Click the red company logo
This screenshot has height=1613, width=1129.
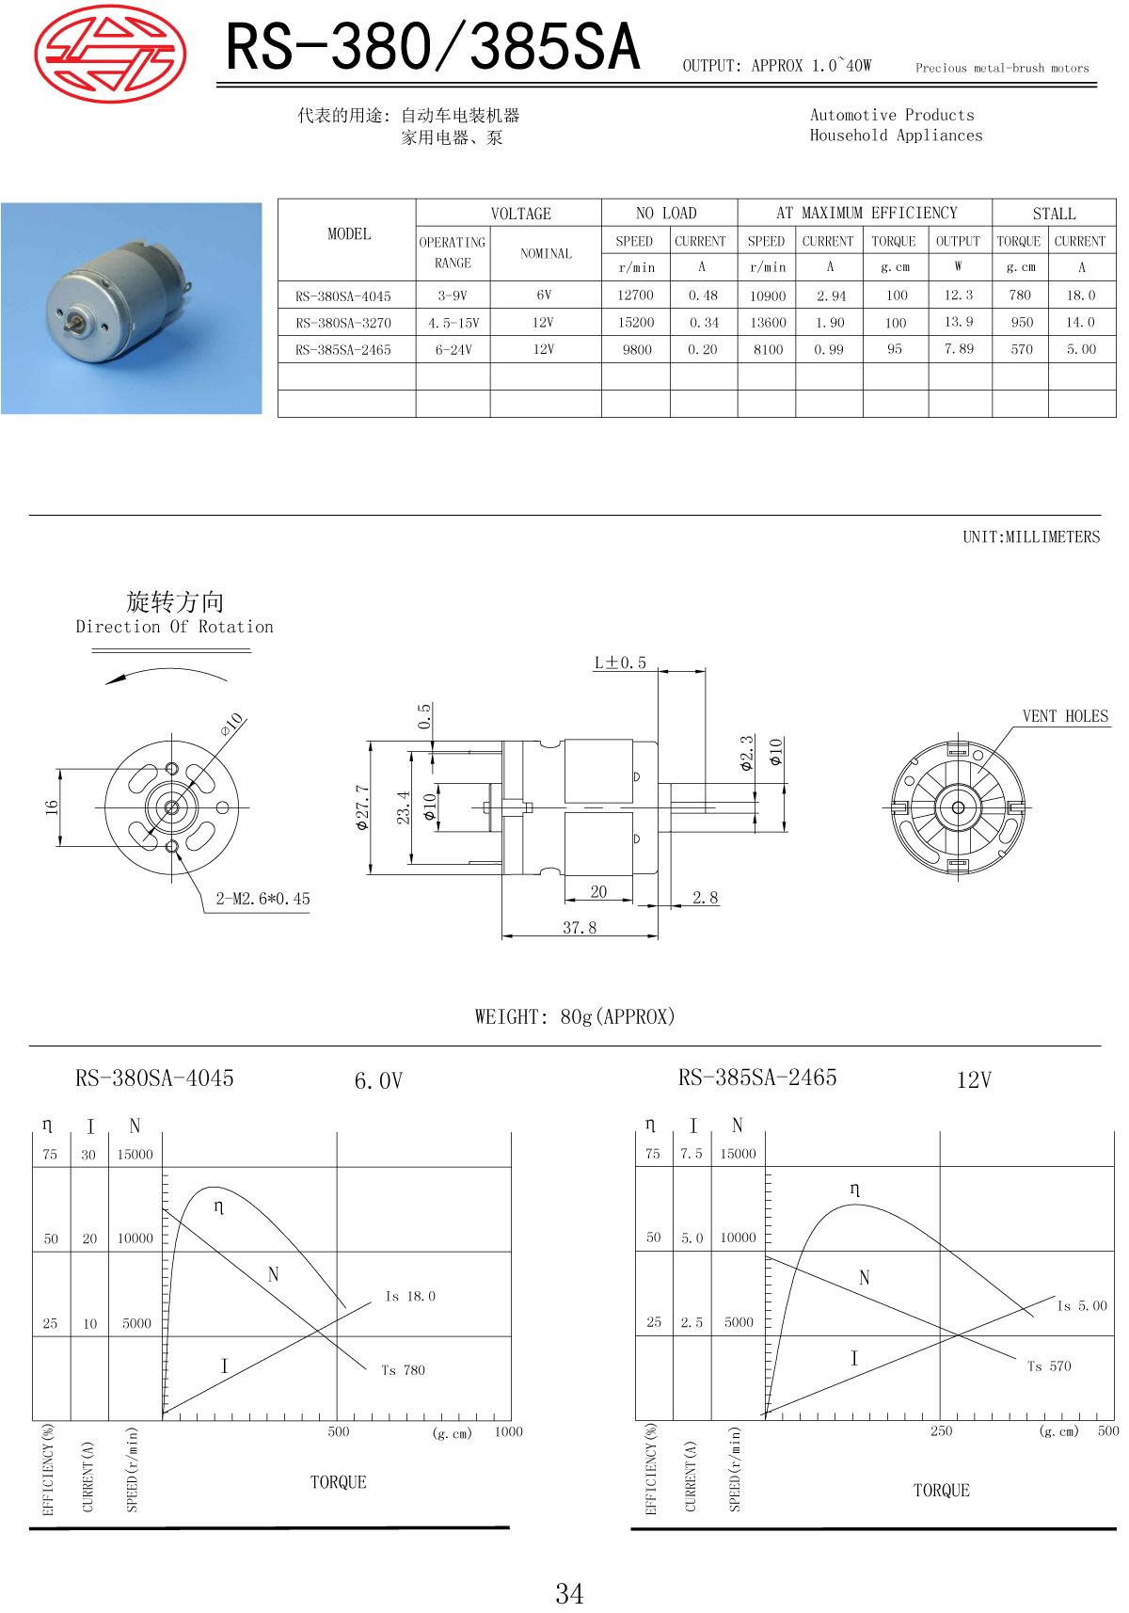pos(110,44)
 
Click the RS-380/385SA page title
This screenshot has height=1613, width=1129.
pos(434,47)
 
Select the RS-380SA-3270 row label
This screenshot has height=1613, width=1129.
pos(342,323)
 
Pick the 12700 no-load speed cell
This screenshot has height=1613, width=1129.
pos(635,295)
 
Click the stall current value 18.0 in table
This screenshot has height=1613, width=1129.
pos(1080,295)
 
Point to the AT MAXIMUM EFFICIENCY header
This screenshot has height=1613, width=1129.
pos(866,214)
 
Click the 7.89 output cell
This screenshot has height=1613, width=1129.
pos(959,349)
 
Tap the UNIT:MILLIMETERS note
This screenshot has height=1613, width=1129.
pos(1030,537)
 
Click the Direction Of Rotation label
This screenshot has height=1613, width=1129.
pos(175,627)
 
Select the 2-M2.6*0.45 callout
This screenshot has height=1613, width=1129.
pos(262,899)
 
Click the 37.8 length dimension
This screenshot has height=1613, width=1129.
pos(580,928)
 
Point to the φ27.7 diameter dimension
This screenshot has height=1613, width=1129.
pos(361,808)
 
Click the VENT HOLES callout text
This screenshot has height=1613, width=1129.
pos(1065,716)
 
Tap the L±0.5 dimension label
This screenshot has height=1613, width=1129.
pos(620,663)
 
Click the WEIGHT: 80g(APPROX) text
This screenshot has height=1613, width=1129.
pos(575,1017)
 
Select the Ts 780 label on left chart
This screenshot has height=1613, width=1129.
pos(403,1370)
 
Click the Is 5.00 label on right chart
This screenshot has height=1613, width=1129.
pos(1082,1306)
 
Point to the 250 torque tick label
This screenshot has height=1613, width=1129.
pos(941,1431)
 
